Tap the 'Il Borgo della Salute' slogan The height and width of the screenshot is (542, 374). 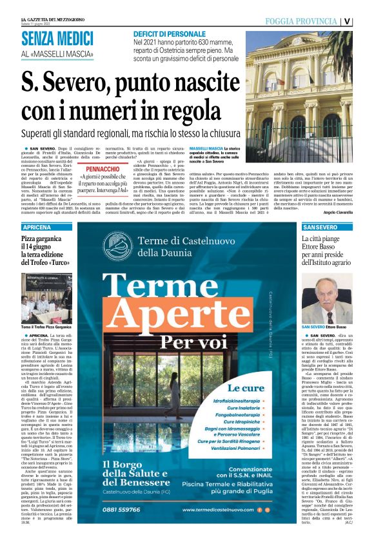click(x=132, y=468)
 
